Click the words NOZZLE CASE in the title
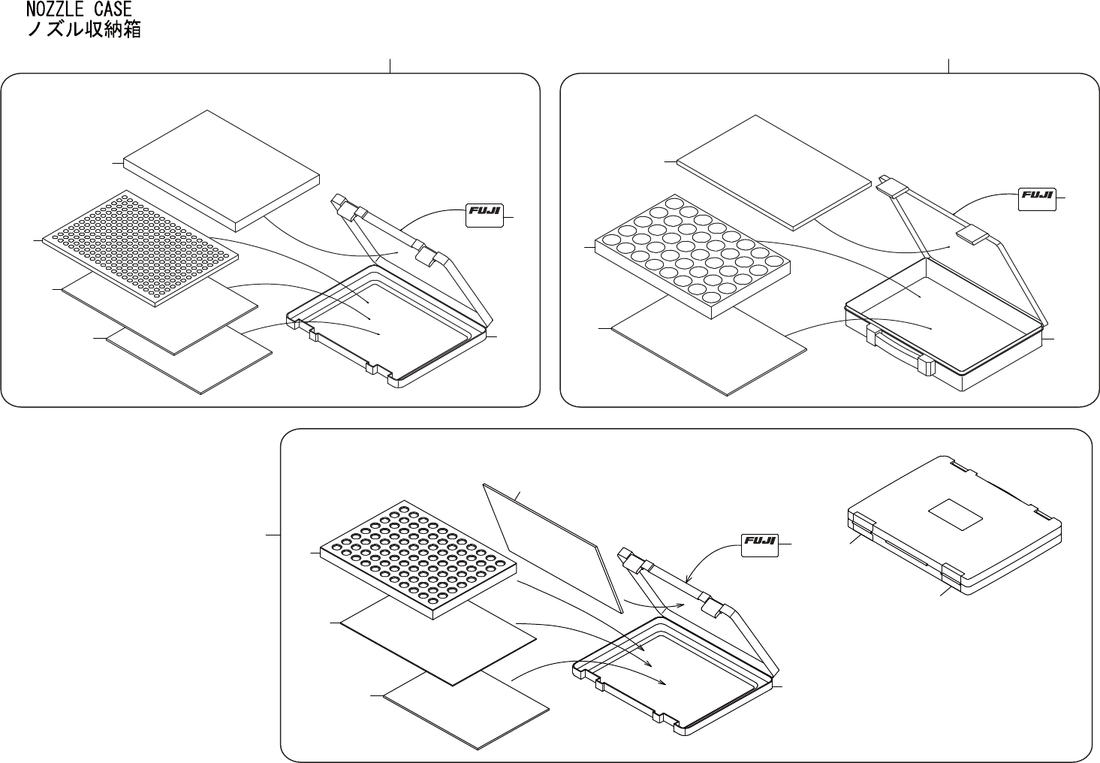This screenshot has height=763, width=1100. tap(79, 9)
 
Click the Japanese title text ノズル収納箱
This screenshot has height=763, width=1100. tap(84, 29)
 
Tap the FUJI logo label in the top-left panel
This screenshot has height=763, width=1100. tap(484, 216)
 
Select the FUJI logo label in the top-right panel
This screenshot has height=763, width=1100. tap(1037, 200)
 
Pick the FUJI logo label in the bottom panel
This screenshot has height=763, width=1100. tap(760, 545)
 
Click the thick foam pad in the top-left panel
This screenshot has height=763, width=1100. tap(222, 170)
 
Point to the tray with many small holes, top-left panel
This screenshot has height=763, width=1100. tap(140, 248)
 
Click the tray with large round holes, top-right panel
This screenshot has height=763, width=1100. tap(692, 256)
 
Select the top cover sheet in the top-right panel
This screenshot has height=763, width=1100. tap(774, 172)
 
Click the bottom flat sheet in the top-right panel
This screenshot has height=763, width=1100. tap(709, 344)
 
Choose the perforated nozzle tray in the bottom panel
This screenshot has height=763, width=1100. tap(418, 560)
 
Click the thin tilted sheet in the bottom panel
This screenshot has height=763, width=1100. tap(553, 547)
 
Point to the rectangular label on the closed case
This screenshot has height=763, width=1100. tap(955, 515)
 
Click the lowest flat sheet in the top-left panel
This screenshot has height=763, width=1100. tap(189, 361)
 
